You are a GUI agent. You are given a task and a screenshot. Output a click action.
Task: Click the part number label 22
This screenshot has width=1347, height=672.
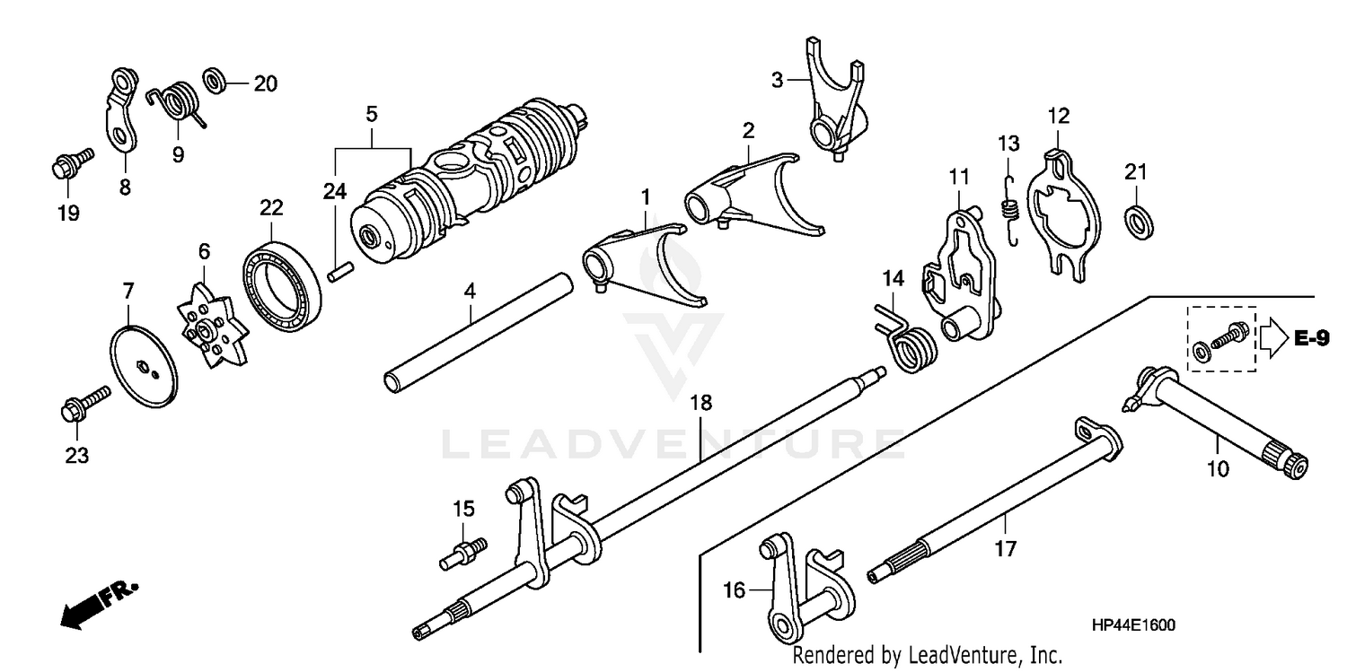pyautogui.click(x=271, y=208)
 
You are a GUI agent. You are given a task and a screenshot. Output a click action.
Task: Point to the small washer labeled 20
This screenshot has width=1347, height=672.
pyautogui.click(x=215, y=81)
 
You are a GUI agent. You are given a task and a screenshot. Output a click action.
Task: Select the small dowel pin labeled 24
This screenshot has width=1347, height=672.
pyautogui.click(x=339, y=271)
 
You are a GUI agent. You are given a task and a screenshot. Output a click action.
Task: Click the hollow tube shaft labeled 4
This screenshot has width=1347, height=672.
pyautogui.click(x=478, y=331)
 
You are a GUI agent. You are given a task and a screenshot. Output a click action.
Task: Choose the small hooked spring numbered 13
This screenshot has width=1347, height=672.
pyautogui.click(x=1009, y=210)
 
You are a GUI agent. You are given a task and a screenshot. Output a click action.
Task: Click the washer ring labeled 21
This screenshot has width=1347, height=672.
pyautogui.click(x=1140, y=221)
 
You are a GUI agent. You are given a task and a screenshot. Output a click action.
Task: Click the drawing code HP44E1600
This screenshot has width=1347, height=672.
pyautogui.click(x=1134, y=625)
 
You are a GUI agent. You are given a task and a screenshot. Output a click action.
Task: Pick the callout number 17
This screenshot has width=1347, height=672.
pyautogui.click(x=1006, y=549)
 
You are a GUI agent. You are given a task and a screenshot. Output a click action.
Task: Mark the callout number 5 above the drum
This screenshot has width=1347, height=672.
pyautogui.click(x=371, y=115)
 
